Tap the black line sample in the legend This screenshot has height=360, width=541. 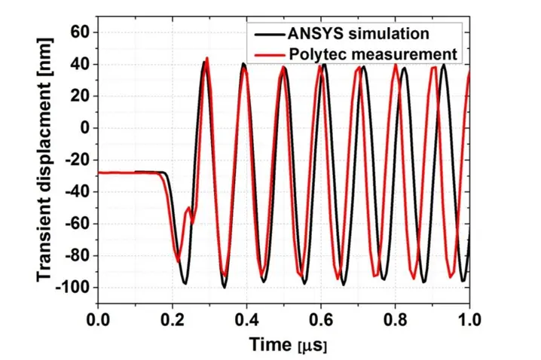pos(265,35)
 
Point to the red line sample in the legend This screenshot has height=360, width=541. pos(265,54)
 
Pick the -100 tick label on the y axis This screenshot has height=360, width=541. pos(74,288)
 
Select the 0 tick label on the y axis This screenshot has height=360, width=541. pos(85,128)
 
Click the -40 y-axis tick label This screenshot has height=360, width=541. pos(78,192)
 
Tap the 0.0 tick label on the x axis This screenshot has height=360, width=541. pos(97,319)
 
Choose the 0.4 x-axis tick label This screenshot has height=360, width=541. pos(246,319)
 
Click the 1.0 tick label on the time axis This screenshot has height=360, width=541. pos(469,319)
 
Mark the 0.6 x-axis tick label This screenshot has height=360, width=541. pos(321,319)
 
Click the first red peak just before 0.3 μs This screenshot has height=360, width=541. pos(207,58)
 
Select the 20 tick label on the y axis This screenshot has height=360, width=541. pos(81,96)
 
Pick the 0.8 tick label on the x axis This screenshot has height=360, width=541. pos(395,319)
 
